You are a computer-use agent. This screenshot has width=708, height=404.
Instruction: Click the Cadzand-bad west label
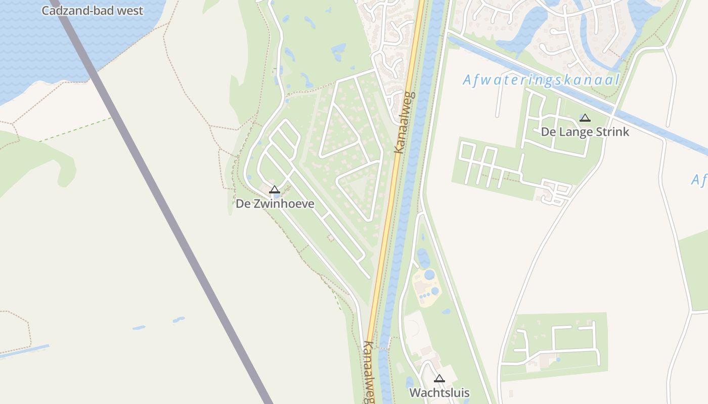(x=92, y=11)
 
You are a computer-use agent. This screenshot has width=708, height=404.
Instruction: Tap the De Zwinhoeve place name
(x=275, y=204)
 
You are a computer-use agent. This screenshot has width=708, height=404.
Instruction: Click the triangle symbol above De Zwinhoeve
(x=275, y=190)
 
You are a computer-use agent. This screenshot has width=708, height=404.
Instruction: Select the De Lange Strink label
(x=585, y=132)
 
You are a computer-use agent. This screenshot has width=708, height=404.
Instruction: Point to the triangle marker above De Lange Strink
(x=585, y=118)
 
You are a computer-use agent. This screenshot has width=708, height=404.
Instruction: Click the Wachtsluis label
(x=439, y=392)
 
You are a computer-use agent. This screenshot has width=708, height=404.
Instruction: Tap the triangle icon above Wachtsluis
(x=439, y=378)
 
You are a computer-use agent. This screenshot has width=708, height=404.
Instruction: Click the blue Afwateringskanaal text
(x=541, y=80)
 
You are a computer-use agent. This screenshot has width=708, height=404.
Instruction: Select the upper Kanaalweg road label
(x=405, y=122)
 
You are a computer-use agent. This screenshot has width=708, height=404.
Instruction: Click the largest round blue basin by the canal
(x=429, y=275)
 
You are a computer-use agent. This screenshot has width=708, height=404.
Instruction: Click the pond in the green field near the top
(x=338, y=49)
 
